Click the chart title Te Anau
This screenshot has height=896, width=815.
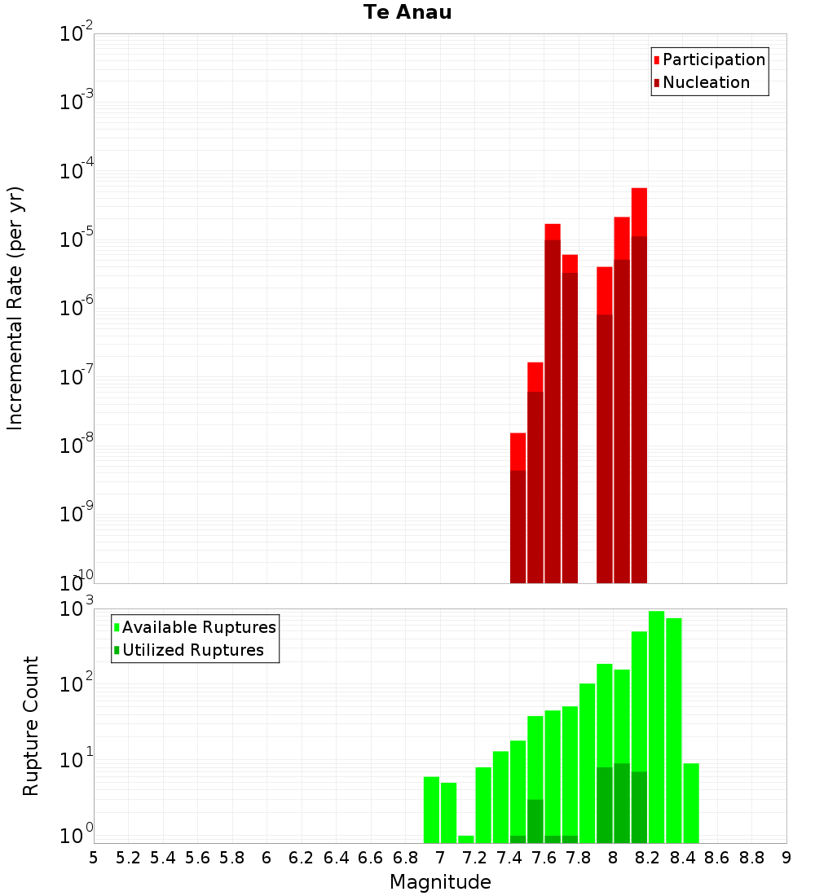(407, 12)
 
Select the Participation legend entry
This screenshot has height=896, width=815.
(709, 59)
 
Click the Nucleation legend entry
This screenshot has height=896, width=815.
(702, 82)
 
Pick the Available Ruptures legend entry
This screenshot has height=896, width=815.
(195, 627)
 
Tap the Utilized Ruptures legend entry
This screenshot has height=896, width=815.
(189, 650)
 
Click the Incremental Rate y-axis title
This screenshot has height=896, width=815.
(15, 308)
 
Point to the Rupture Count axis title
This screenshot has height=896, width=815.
(30, 726)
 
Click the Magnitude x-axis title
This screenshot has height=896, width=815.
(440, 881)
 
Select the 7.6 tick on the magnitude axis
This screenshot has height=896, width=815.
(544, 858)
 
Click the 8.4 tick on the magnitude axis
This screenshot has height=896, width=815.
(682, 858)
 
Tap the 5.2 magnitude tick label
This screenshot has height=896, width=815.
(128, 858)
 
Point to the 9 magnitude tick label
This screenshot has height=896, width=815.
(786, 858)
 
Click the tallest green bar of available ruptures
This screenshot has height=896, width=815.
(656, 727)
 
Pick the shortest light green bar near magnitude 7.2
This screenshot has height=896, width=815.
(465, 839)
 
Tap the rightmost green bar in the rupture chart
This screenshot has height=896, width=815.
(691, 803)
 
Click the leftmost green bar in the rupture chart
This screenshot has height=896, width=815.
(431, 810)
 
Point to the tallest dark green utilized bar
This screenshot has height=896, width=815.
(622, 803)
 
